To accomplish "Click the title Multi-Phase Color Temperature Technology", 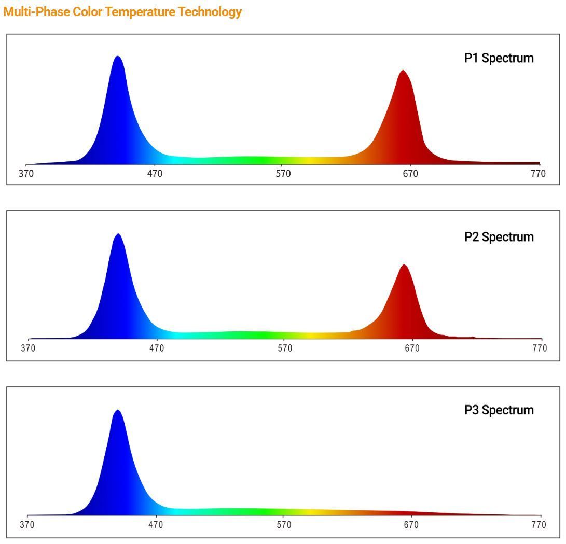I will pos(122,12).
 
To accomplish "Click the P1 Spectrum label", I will pos(499,58).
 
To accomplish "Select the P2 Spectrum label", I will pos(499,237).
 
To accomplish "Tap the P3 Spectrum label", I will pos(499,410).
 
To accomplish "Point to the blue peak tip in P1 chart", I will pos(118,57).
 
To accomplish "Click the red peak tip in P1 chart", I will pos(403,71).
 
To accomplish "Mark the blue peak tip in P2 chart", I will pos(118,234).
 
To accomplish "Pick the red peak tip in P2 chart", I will pos(404,266).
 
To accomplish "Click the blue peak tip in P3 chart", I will pos(118,411).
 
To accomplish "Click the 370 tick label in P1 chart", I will pos(26,174).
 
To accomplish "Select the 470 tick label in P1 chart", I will pos(155,174).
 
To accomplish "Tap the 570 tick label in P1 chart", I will pos(283,174).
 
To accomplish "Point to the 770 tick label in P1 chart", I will pos(539,174).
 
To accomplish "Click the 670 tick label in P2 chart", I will pos(412,348).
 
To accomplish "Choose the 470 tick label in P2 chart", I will pos(157,348).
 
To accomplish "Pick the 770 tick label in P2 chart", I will pos(540,348).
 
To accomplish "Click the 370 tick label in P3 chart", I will pos(27,525).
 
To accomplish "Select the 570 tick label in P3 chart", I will pos(284,525).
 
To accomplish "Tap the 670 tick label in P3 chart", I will pos(411,525).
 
